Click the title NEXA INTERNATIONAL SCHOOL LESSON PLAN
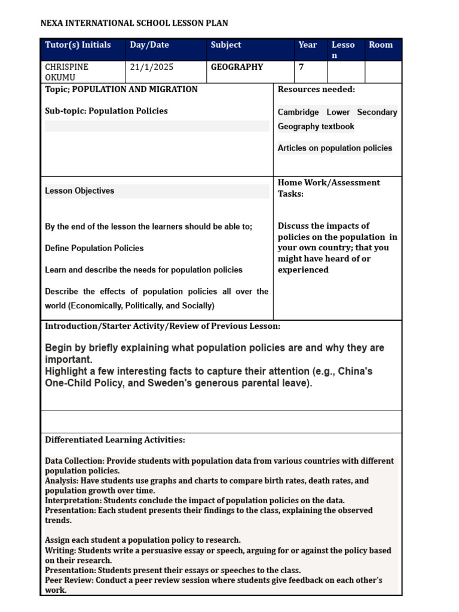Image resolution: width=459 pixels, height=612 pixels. coord(134,23)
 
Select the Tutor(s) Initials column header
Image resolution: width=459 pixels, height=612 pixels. coord(78,45)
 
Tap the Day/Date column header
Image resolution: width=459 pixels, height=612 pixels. coord(149,45)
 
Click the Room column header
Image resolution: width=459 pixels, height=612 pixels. coord(381,45)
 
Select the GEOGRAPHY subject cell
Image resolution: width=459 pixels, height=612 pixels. coord(237,67)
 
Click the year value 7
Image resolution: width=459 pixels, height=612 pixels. coord(302,67)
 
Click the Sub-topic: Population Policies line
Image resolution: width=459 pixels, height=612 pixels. coord(106,111)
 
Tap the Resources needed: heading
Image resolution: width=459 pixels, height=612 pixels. coord(316,89)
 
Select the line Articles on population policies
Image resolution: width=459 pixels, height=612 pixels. coord(335,148)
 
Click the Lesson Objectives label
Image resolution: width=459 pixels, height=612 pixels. coord(79,191)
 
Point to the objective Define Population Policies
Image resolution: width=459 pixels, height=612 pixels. coord(94,248)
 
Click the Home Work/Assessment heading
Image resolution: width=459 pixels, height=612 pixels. coord(329,183)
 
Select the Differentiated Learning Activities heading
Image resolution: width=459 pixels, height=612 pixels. coord(115,440)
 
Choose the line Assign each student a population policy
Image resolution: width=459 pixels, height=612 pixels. coord(143,540)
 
